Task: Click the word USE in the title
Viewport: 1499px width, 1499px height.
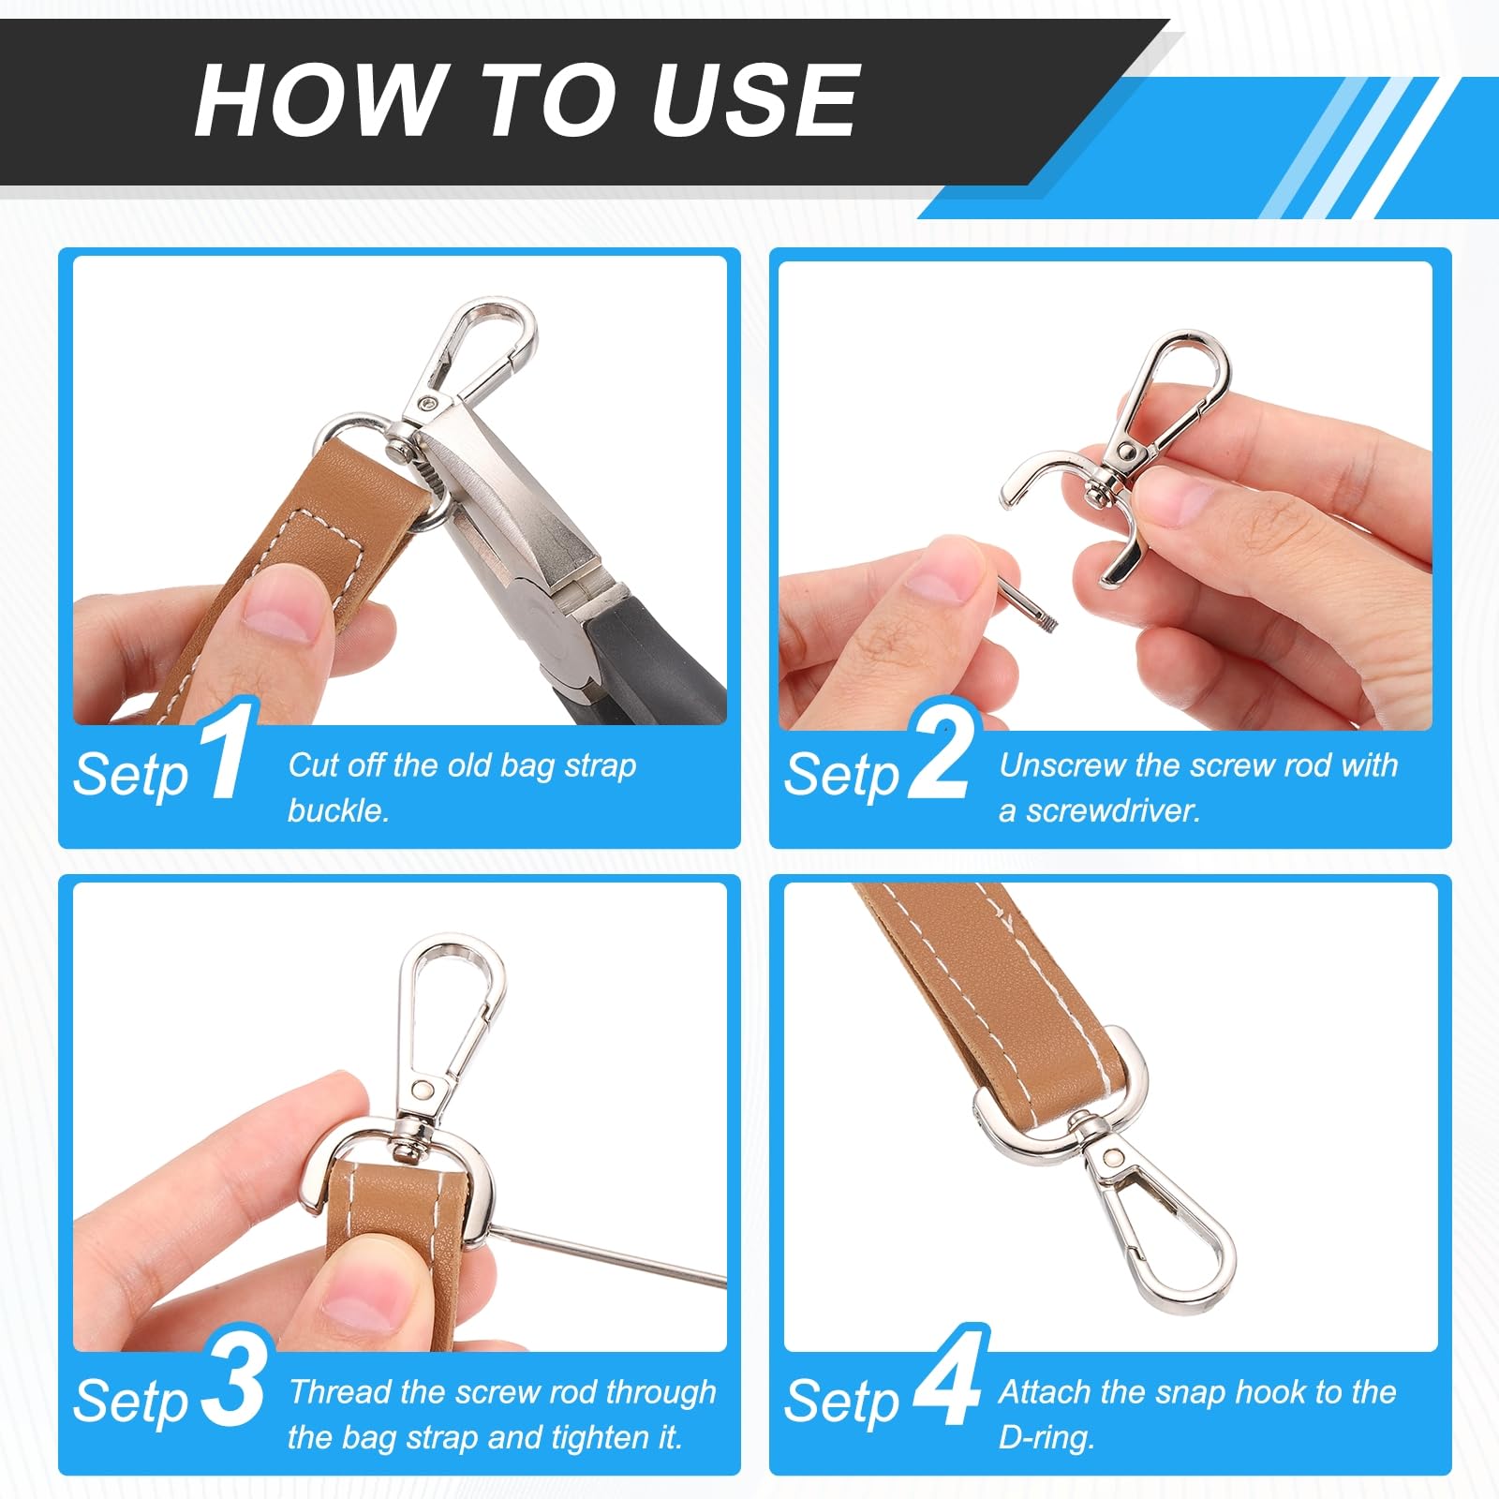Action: pyautogui.click(x=755, y=100)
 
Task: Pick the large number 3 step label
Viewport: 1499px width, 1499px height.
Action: pyautogui.click(x=232, y=1377)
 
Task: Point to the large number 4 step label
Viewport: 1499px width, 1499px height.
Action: pyautogui.click(x=948, y=1377)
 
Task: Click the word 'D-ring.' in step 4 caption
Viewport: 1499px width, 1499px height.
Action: pyautogui.click(x=1046, y=1437)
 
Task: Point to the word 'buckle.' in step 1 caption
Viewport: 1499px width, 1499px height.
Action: pyautogui.click(x=338, y=809)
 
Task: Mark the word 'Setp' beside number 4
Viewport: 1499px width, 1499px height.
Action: pyautogui.click(x=841, y=1403)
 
